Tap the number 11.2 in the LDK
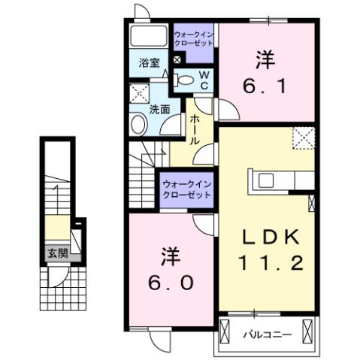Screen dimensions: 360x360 pos(272,262)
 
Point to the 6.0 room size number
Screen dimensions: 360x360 pos(169,282)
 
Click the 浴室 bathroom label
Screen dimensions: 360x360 pos(148,63)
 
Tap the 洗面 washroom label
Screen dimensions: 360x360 pos(158,108)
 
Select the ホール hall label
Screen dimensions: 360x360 pos(194,129)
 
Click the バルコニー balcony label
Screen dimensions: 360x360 pos(264,332)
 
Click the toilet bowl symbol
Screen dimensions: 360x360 pos(184,78)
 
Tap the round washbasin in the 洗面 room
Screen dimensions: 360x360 pos(139,125)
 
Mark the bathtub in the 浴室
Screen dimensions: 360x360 pos(147,36)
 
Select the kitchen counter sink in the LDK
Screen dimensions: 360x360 pos(268,180)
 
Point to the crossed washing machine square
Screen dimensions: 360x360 pos(139,93)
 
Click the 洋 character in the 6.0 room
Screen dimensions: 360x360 pos(169,256)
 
